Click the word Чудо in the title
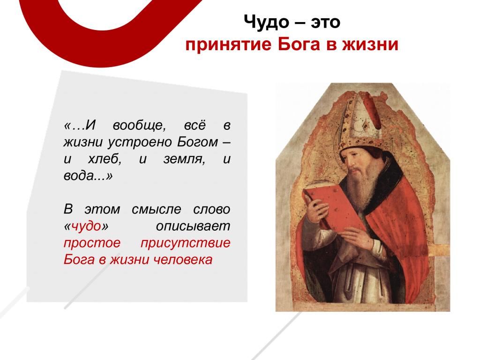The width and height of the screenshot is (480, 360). tap(266, 22)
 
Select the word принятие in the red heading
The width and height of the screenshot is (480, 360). tap(228, 45)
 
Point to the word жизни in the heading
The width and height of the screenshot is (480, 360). tap(370, 45)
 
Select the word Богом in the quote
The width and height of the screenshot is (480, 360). tap(197, 142)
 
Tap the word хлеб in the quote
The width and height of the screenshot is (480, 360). tap(105, 159)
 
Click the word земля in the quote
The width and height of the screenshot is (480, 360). tap(184, 159)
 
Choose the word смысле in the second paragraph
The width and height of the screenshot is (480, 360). tap(157, 210)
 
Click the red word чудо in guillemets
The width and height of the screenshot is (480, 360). tap(86, 226)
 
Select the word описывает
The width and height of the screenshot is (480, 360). tap(193, 226)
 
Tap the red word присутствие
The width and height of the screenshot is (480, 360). tap(185, 243)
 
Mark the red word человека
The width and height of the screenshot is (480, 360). tap(183, 260)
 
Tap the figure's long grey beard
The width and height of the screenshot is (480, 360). tap(361, 187)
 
